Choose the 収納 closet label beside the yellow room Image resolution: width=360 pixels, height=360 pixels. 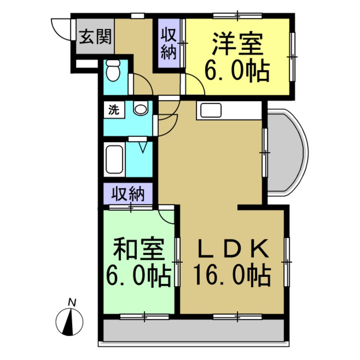[168, 43]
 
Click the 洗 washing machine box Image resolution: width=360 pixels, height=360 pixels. [113, 110]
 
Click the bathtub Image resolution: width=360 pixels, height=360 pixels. [114, 159]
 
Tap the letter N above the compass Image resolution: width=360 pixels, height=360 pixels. [71, 302]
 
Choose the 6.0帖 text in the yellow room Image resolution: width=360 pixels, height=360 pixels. [236, 71]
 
